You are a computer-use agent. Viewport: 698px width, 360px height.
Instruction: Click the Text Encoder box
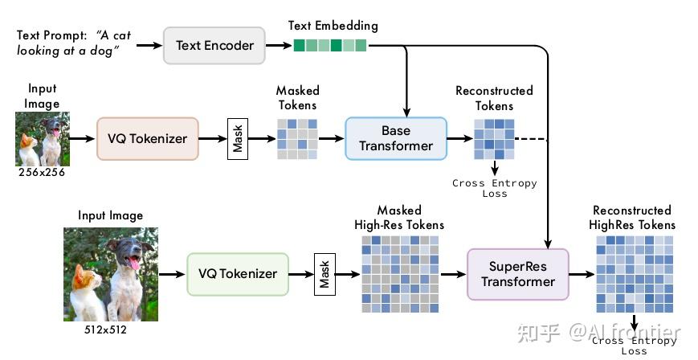tap(214, 46)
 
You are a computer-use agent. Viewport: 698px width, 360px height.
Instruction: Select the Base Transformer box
tap(396, 138)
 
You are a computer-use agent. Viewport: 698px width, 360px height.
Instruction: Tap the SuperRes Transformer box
tap(518, 274)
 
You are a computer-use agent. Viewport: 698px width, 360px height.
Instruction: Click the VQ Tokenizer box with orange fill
tap(147, 138)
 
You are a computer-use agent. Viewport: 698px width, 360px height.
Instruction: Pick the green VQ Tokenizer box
tap(238, 274)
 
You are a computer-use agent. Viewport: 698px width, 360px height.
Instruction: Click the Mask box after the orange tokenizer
tap(238, 138)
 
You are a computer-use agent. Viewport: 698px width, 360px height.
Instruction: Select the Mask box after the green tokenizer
tap(325, 275)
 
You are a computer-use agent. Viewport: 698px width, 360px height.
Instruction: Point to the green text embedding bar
tap(330, 46)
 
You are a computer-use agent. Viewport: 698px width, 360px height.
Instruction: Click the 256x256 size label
tap(42, 173)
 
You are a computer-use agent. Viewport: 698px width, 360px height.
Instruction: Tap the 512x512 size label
tap(105, 330)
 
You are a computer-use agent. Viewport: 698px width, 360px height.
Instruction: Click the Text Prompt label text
tap(52, 35)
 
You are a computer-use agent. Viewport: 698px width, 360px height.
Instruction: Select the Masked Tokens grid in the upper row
tap(297, 139)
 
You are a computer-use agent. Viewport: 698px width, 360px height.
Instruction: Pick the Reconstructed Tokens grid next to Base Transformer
tap(494, 139)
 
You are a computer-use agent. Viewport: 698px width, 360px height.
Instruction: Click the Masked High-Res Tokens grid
tap(400, 274)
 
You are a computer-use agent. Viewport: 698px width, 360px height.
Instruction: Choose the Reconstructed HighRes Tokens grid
tap(635, 274)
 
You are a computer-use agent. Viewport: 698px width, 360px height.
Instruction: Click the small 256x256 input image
tap(43, 139)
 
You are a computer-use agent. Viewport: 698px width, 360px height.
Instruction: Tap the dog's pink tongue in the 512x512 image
tap(134, 264)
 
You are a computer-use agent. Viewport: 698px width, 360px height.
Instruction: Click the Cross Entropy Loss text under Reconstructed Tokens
tap(495, 188)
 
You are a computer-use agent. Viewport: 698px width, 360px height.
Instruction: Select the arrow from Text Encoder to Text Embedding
tap(279, 46)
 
